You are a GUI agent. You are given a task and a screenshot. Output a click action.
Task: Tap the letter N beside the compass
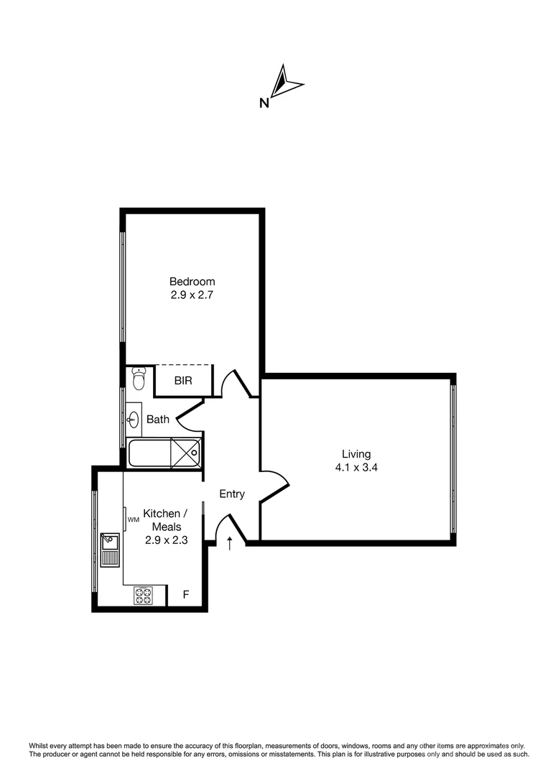(x=264, y=103)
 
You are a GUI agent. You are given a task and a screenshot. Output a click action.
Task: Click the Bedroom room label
(x=192, y=281)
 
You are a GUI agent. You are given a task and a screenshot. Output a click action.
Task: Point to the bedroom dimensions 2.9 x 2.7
(x=192, y=294)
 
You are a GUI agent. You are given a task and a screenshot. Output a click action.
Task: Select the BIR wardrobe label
(x=183, y=381)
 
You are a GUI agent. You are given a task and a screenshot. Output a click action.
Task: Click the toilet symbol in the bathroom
(x=139, y=377)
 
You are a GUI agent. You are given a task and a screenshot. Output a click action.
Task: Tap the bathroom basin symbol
(x=134, y=418)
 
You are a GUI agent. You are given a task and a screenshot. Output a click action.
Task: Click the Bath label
(x=158, y=419)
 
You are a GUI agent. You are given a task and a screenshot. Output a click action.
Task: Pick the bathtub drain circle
(x=193, y=453)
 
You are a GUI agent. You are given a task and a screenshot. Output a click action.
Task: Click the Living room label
(x=356, y=454)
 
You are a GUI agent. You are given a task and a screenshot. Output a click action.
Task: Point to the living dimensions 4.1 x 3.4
(x=356, y=467)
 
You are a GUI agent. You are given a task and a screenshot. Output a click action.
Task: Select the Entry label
(x=232, y=494)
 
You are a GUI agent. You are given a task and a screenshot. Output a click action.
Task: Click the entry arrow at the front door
(x=230, y=543)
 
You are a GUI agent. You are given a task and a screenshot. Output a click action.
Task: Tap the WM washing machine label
(x=133, y=519)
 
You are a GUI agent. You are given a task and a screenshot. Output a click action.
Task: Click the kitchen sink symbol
(x=110, y=550)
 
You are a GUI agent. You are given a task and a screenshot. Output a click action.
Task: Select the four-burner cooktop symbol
(x=143, y=595)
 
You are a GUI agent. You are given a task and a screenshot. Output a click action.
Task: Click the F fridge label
(x=186, y=595)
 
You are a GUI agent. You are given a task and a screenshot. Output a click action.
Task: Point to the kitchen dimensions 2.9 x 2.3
(x=166, y=540)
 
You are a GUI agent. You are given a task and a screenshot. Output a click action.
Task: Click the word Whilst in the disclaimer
(x=41, y=746)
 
